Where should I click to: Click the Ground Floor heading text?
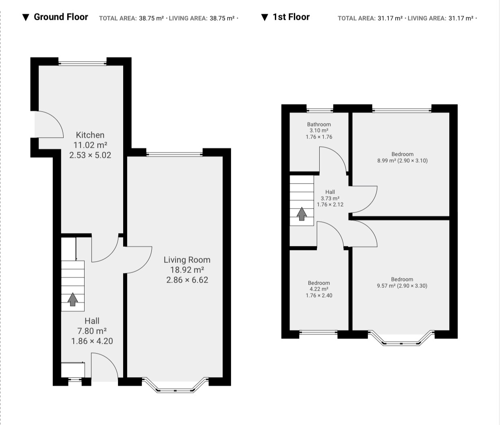[x=61, y=17]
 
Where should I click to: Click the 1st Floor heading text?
[x=291, y=17]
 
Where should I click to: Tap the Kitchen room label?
[x=90, y=135]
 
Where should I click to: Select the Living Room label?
[x=187, y=260]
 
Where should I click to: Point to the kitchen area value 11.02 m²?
[x=90, y=145]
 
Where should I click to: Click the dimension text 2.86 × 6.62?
[x=187, y=280]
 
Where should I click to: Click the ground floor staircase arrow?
[x=72, y=299]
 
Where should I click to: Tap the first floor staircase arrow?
[x=302, y=214]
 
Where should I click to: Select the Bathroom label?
[x=319, y=124]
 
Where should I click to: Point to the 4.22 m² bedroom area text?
[x=319, y=289]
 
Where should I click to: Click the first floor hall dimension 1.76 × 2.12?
[x=330, y=204]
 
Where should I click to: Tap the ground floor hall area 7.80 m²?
[x=92, y=331]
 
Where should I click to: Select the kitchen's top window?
[x=83, y=63]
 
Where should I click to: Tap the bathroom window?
[x=320, y=111]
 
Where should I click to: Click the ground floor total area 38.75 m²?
[x=151, y=19]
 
